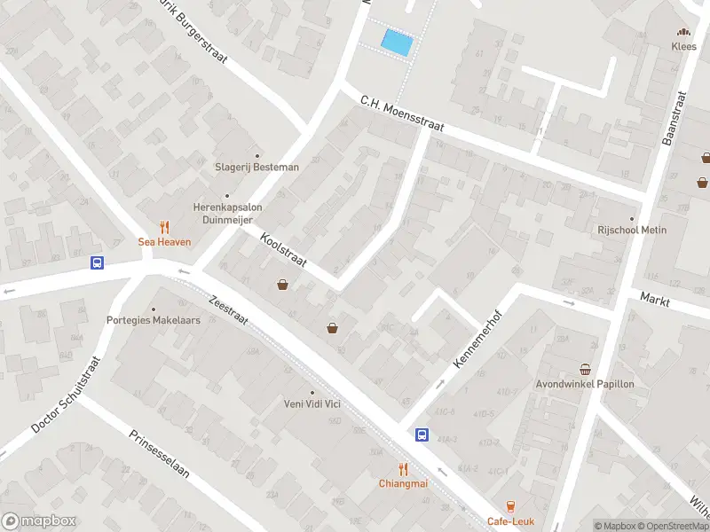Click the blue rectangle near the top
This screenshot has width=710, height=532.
coord(397,42)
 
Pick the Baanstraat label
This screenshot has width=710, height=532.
coord(675,118)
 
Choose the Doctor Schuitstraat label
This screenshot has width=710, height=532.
coord(67,395)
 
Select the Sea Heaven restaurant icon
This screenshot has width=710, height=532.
coord(163,227)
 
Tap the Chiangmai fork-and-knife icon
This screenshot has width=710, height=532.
coord(403,468)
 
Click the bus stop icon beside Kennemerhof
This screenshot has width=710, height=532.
coord(422,434)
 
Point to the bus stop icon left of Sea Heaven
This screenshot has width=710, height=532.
coord(97,262)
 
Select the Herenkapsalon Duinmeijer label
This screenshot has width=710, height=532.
coord(227,213)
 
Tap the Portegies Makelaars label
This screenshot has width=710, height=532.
coord(154,320)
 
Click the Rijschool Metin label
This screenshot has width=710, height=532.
coord(632,230)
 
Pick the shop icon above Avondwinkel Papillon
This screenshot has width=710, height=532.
coord(585,369)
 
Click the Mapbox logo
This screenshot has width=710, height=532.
coord(39,521)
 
